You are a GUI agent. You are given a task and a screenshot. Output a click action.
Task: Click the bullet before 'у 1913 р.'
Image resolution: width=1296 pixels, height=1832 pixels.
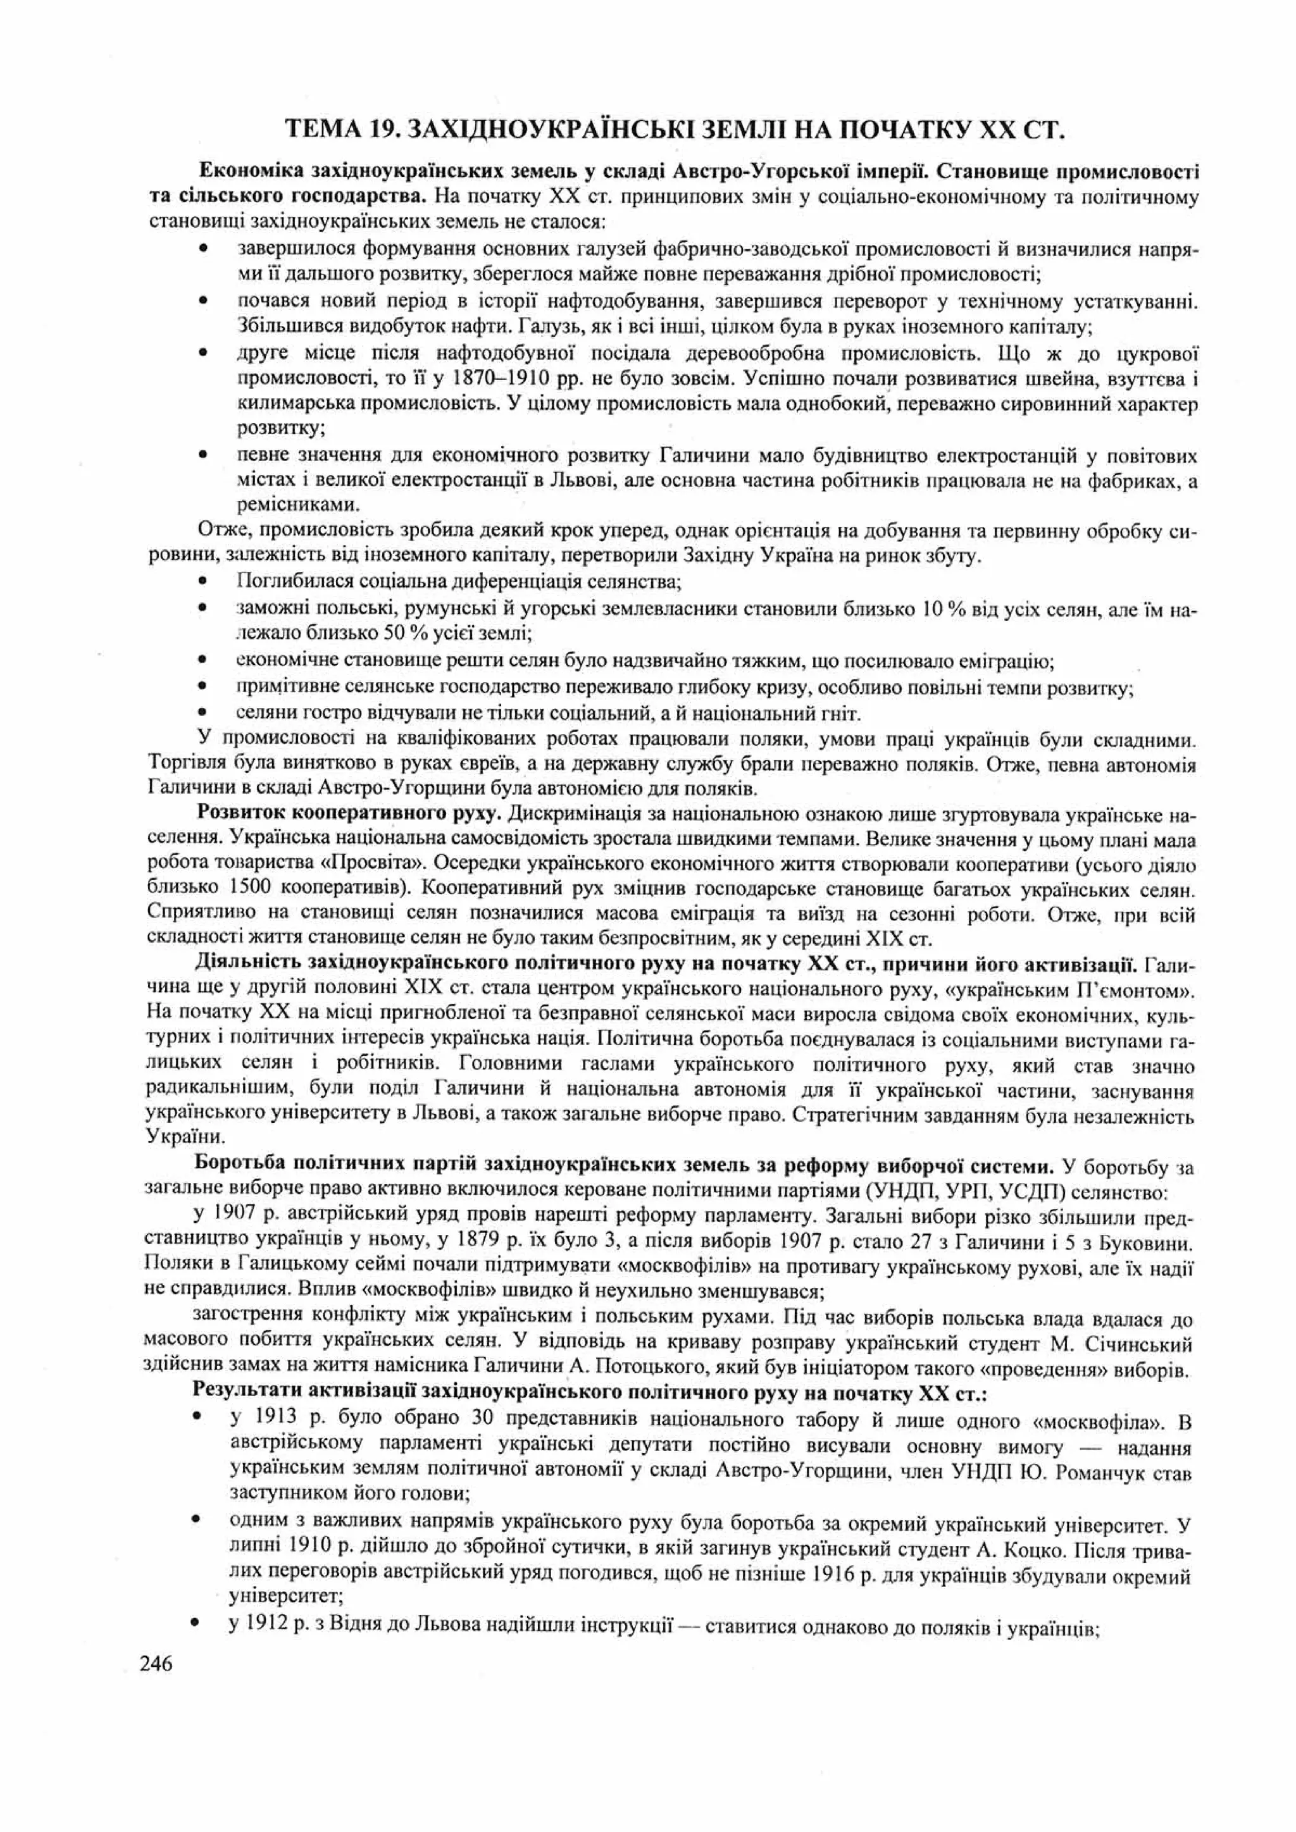pyautogui.click(x=196, y=1420)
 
